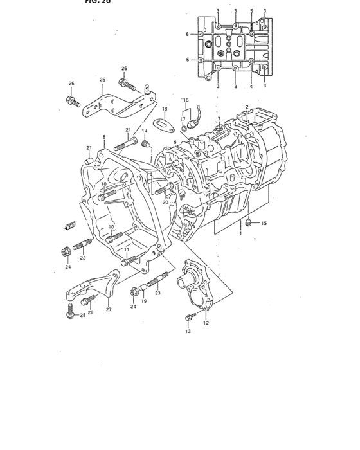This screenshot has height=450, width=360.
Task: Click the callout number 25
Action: [102, 80]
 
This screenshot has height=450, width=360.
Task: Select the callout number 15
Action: [264, 223]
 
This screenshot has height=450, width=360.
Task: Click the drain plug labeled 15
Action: [248, 223]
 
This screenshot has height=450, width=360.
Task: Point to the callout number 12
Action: [206, 323]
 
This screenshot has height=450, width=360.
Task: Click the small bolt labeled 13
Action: [189, 316]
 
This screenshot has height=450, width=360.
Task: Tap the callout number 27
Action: [108, 309]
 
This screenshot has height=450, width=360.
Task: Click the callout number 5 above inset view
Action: [251, 12]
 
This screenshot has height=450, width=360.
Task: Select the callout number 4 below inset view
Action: [251, 85]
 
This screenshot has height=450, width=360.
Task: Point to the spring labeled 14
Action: [145, 142]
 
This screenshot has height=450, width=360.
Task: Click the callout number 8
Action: [104, 137]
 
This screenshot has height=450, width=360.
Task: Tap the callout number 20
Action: [165, 202]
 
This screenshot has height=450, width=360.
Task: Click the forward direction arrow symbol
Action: [70, 225]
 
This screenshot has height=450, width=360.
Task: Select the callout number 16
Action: [186, 100]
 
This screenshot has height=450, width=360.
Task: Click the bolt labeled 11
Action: [130, 260]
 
